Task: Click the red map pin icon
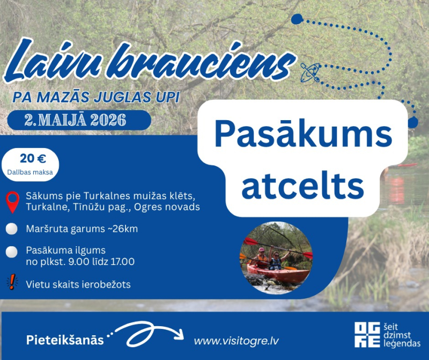pyautogui.click(x=12, y=202)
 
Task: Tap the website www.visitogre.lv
pyautogui.click(x=236, y=341)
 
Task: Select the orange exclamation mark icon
pyautogui.click(x=12, y=282)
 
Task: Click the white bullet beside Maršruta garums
pyautogui.click(x=11, y=229)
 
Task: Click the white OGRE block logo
pyautogui.click(x=367, y=335)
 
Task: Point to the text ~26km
pyautogui.click(x=121, y=229)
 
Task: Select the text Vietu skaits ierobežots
pyautogui.click(x=78, y=284)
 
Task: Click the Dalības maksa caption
pyautogui.click(x=29, y=171)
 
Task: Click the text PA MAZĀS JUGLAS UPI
pyautogui.click(x=96, y=98)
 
